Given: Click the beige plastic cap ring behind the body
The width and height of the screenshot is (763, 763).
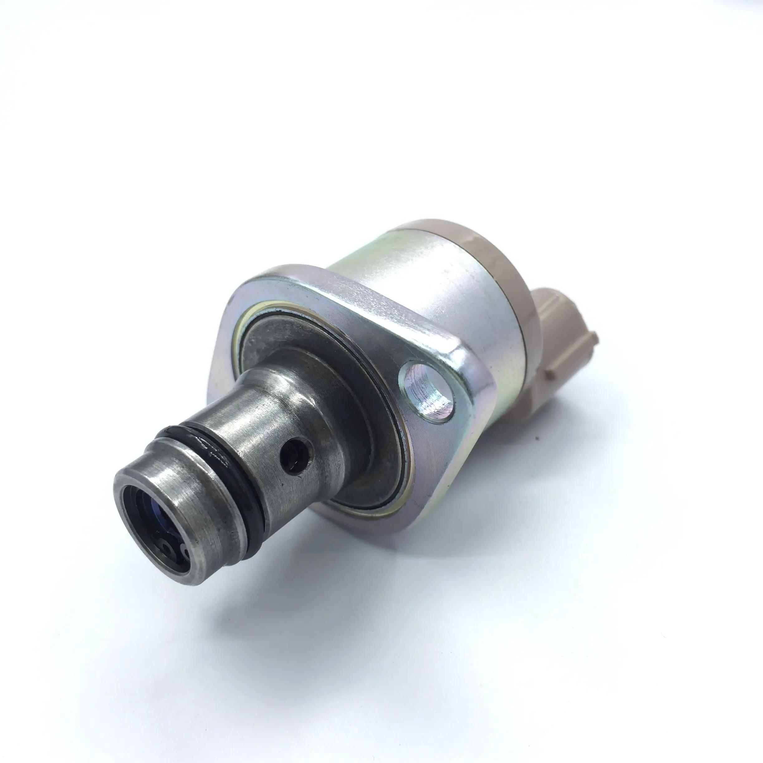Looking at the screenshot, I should [490, 253].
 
